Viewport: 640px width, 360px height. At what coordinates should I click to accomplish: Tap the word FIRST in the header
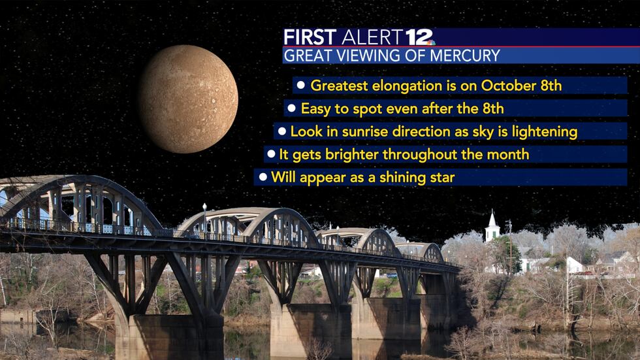tap(310, 37)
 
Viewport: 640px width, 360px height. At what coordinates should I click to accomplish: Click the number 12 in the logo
tap(418, 37)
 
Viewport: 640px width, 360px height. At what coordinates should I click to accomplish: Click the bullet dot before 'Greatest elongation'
tap(301, 85)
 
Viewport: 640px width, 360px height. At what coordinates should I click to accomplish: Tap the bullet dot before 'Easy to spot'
tap(291, 108)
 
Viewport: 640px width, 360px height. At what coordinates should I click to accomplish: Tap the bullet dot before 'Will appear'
tap(263, 176)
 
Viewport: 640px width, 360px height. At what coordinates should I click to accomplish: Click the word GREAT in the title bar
tap(308, 56)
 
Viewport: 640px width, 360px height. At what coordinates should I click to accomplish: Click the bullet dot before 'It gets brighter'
tap(271, 154)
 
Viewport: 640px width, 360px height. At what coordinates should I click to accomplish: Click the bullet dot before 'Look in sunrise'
tap(281, 131)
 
